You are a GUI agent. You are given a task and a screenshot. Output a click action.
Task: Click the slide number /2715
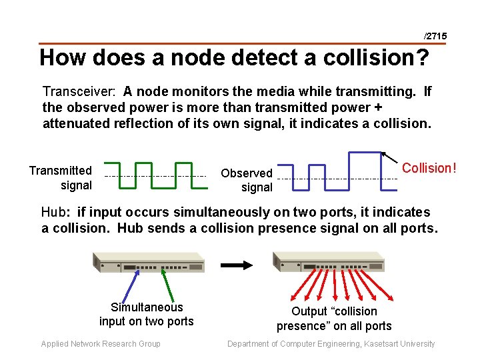coord(435,35)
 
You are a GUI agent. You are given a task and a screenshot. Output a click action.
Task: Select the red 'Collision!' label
coord(429,168)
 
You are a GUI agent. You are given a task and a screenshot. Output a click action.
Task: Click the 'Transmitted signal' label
coord(61,178)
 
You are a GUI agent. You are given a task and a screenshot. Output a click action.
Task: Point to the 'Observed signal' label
coord(247,180)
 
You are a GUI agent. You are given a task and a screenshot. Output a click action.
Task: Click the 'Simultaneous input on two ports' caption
coord(147,314)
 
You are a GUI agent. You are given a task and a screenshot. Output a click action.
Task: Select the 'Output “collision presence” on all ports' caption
coord(334,318)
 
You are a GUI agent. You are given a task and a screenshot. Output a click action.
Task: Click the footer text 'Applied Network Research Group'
coord(101,344)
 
